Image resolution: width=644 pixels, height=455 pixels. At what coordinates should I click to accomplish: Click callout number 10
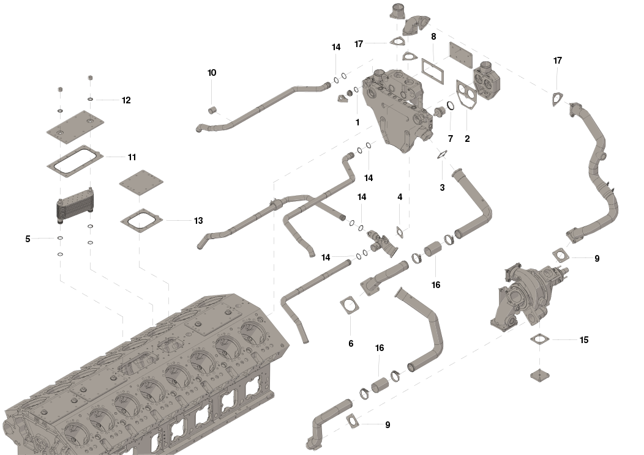[x=212, y=73]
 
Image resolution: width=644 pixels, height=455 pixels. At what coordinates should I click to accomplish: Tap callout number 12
[x=126, y=100]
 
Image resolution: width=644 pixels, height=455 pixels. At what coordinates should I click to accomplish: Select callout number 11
[x=132, y=157]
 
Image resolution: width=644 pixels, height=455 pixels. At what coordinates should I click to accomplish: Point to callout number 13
[x=198, y=221]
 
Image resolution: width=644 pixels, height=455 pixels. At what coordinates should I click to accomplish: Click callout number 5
[x=28, y=239]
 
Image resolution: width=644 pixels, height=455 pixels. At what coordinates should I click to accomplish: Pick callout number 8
[x=433, y=37]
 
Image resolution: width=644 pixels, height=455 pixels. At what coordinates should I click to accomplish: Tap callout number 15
[x=583, y=339]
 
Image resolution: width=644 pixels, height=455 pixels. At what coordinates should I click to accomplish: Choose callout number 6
[x=351, y=344]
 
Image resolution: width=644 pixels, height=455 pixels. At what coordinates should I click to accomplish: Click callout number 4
[x=400, y=197]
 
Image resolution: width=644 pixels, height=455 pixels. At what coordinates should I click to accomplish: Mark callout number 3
[x=442, y=188]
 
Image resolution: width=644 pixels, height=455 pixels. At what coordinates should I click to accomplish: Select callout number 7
[x=451, y=139]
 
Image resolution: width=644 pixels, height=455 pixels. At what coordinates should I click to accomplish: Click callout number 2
[x=467, y=139]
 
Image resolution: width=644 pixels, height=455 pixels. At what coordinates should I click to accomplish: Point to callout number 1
[x=358, y=122]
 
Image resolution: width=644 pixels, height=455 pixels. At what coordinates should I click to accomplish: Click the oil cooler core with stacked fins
[x=75, y=206]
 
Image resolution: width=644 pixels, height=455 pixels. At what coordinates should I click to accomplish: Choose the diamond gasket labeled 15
[x=540, y=339]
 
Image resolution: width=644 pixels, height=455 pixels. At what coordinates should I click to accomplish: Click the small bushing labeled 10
[x=212, y=110]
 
